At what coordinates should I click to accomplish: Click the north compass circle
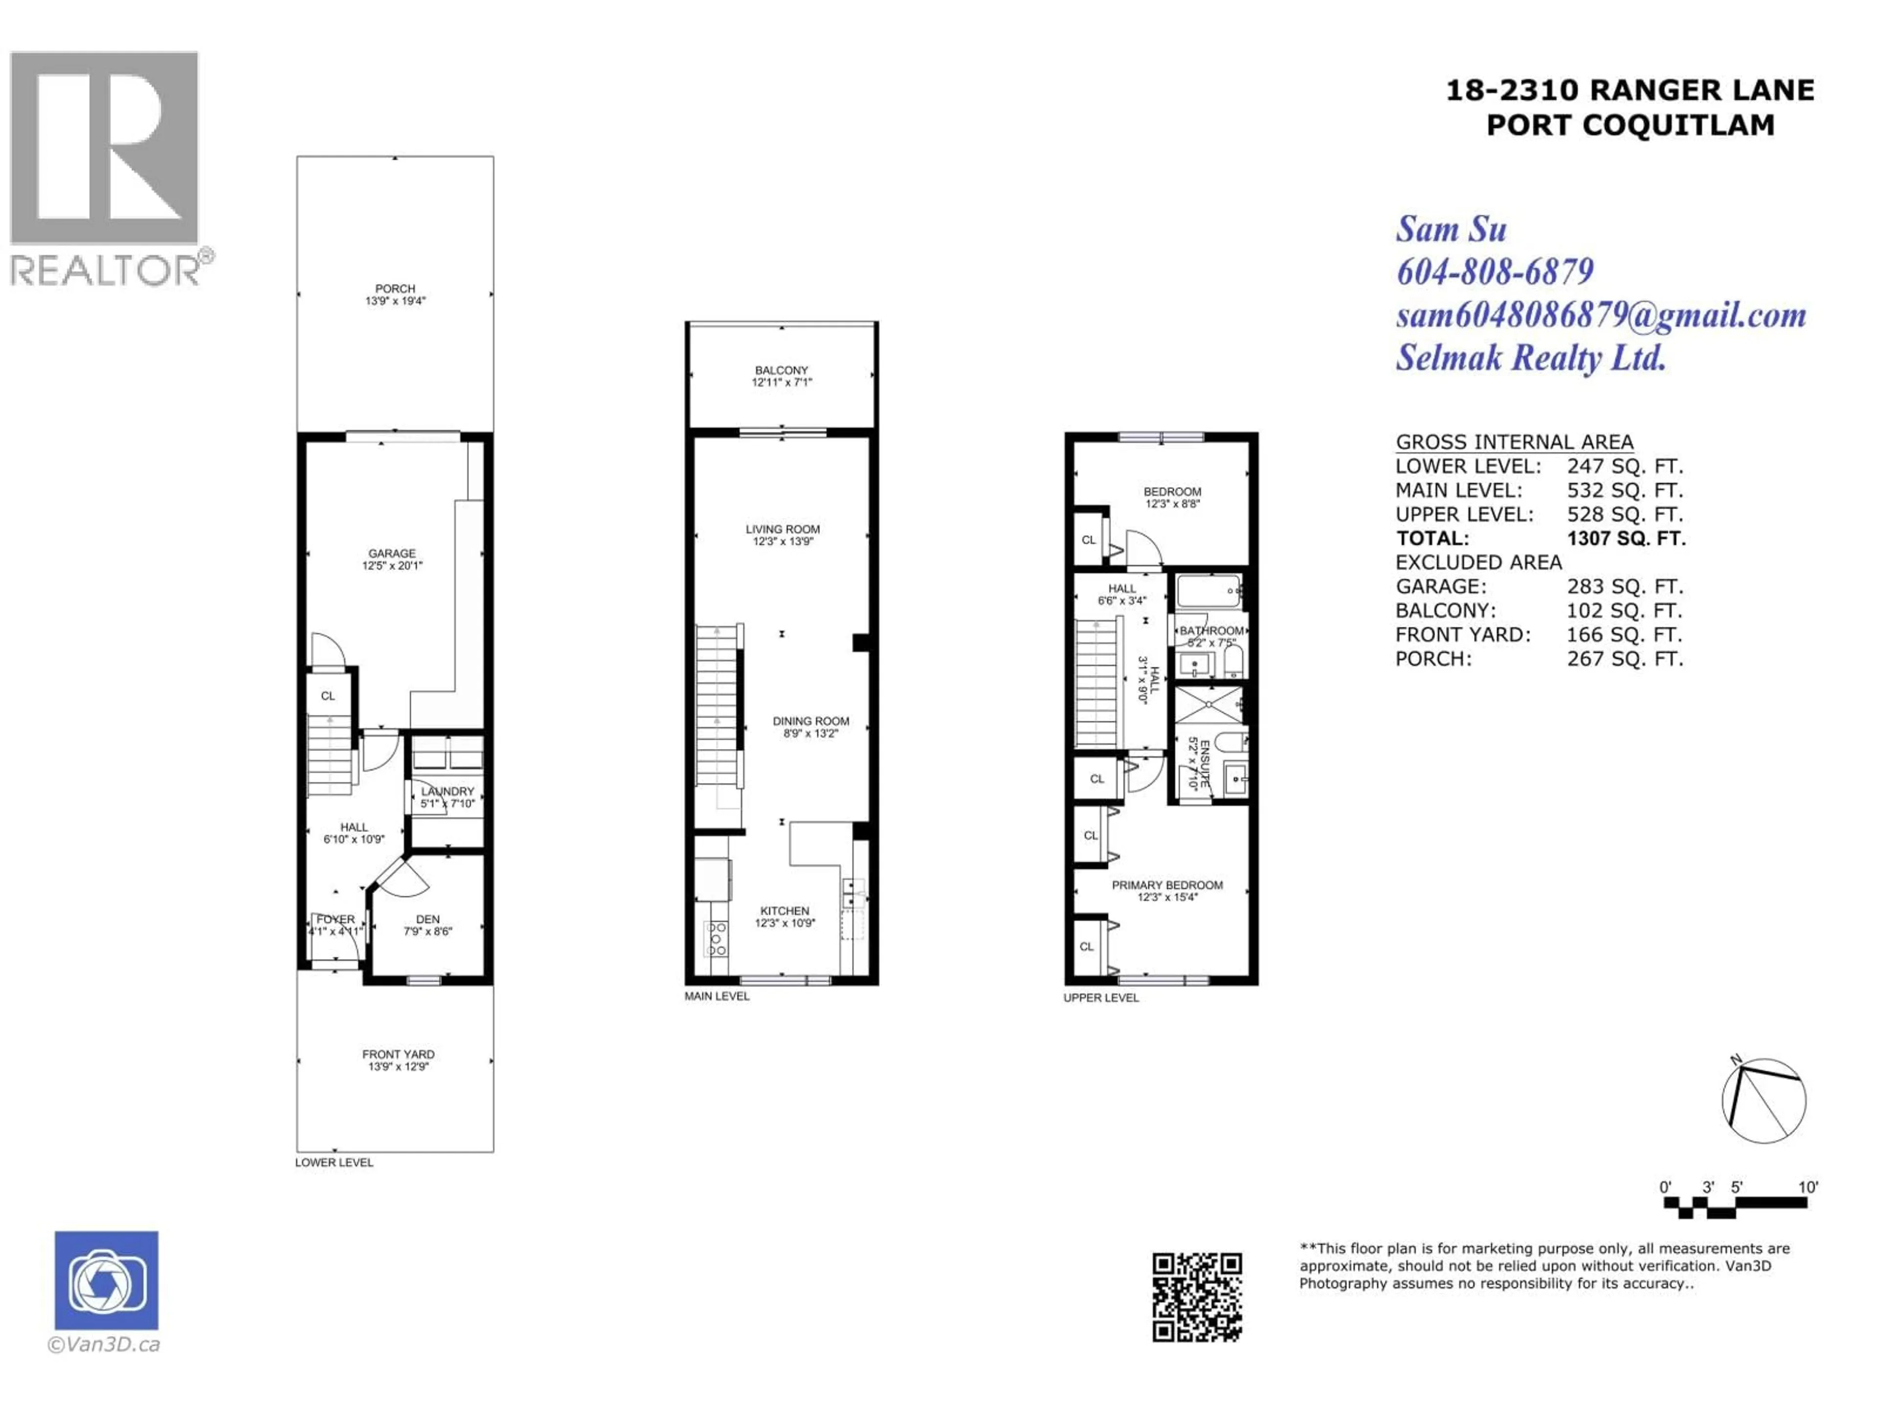pos(1764,1101)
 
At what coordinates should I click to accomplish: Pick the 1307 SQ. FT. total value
pos(1626,539)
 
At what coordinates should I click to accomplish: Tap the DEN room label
pos(428,919)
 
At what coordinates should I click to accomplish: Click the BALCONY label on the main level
pos(781,370)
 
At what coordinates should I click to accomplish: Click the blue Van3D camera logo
pos(106,1280)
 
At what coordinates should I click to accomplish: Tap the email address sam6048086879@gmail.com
pos(1600,315)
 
